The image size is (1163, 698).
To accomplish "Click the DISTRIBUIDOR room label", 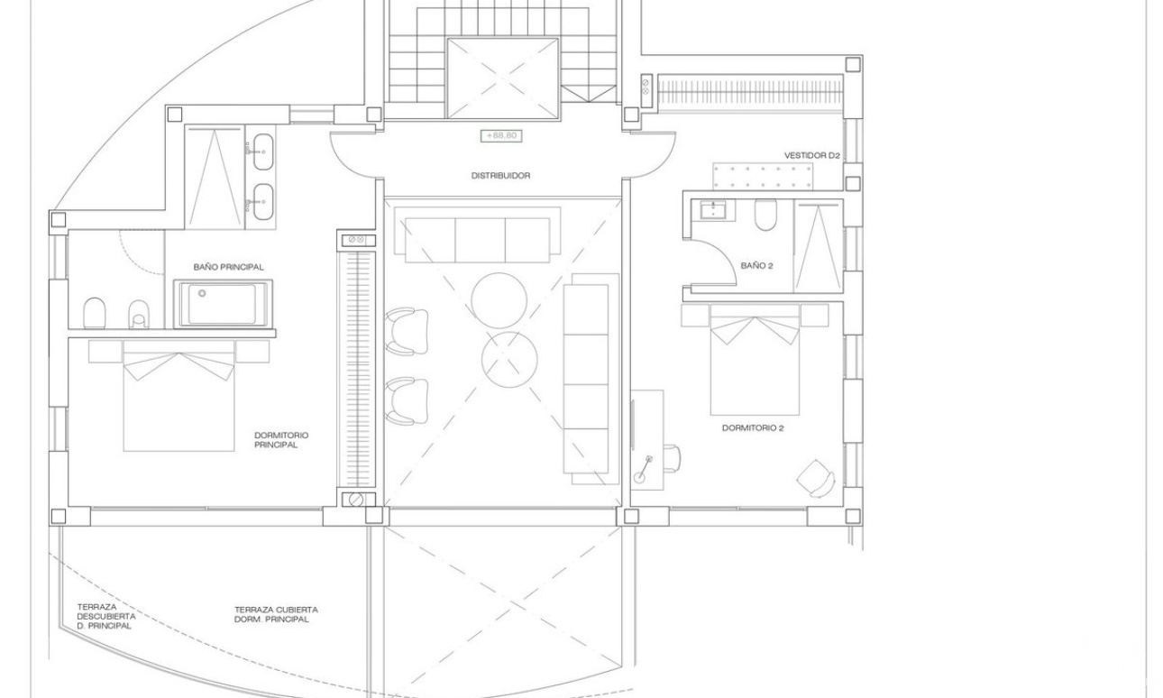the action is click(501, 176).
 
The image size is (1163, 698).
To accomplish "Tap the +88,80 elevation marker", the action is click(501, 136).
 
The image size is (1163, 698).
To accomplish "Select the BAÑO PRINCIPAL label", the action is click(228, 267).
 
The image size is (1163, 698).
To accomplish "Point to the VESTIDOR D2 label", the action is click(812, 155).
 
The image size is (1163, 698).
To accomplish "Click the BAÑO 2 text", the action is click(757, 266).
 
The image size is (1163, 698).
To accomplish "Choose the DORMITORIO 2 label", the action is click(753, 428).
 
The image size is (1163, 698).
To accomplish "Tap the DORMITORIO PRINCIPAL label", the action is click(281, 440).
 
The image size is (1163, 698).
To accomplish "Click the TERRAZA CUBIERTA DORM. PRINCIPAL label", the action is click(276, 614).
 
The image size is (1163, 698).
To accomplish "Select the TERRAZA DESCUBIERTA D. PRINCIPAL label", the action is click(106, 617).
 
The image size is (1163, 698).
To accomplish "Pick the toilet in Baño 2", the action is click(765, 215).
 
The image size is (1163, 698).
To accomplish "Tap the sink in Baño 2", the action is click(715, 210).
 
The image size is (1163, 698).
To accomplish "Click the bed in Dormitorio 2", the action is click(755, 360).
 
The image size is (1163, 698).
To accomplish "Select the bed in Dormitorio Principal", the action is click(179, 396).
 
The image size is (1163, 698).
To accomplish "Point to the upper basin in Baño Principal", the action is click(264, 152).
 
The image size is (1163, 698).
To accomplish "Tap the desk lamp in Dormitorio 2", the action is click(642, 470).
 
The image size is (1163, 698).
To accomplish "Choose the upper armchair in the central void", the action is click(407, 332).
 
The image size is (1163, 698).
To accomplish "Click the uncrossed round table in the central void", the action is click(499, 300).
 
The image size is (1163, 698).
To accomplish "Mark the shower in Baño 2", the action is click(818, 247).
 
